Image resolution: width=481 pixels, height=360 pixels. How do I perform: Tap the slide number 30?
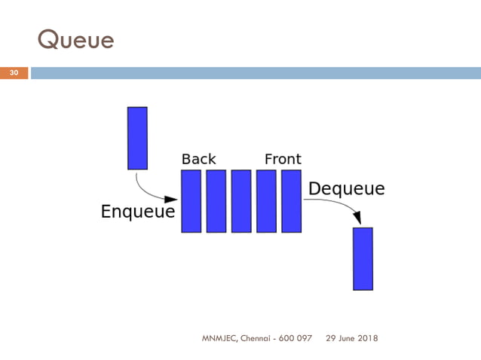point(14,73)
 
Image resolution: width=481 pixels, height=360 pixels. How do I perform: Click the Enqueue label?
point(138,212)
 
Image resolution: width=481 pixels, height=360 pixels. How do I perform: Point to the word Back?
point(199,159)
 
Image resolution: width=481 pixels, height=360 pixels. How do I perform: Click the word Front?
point(283,159)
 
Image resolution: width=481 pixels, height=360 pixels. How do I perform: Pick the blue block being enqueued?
point(137,138)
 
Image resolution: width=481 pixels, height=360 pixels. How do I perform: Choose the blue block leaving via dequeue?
point(363,258)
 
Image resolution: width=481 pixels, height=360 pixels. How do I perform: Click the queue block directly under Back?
point(191,201)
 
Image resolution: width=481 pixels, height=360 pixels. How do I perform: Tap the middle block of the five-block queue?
point(241,201)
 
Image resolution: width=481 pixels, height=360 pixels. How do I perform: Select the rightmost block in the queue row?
point(292,201)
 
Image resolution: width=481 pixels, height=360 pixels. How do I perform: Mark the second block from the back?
point(216,201)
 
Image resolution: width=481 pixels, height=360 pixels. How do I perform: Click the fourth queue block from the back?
point(266,201)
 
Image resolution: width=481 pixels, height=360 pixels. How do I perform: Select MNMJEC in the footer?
point(219,338)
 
